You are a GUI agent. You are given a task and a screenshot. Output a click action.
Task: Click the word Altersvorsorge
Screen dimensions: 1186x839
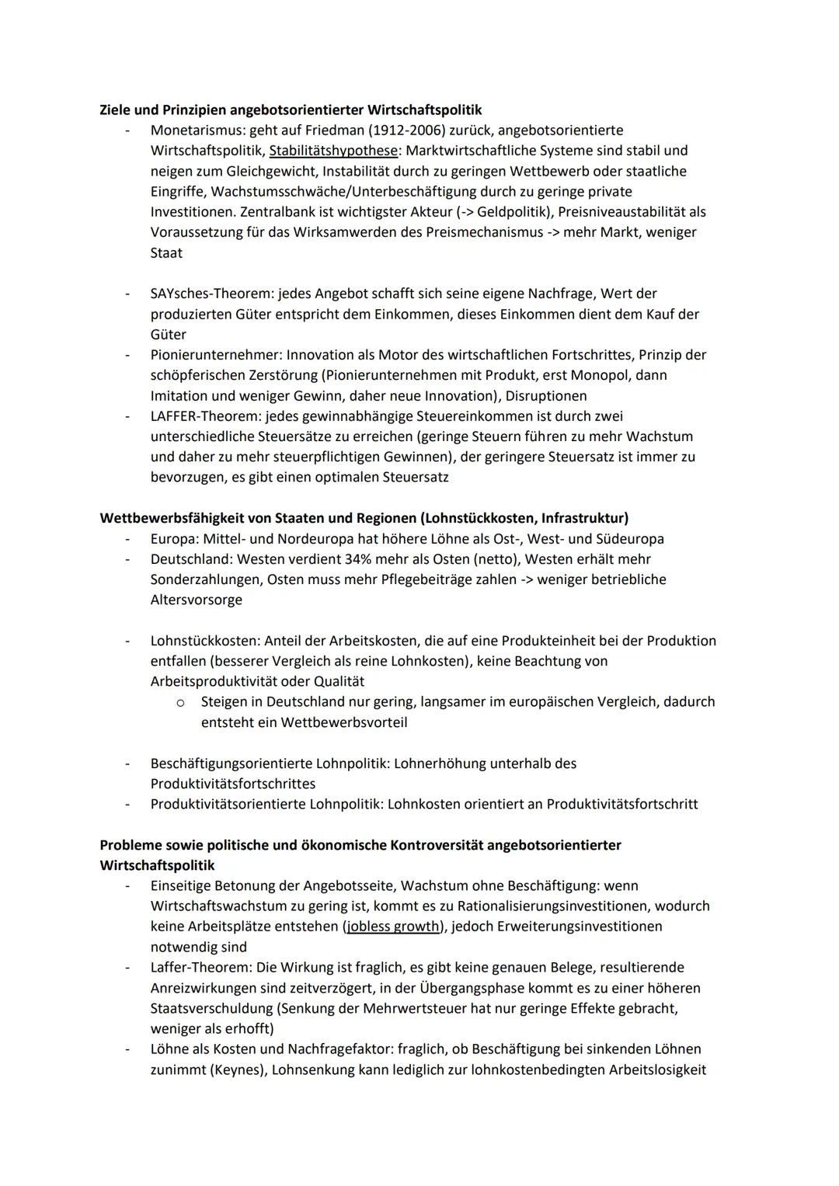(197, 600)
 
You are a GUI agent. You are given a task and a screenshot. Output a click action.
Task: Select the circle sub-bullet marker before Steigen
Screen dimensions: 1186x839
(180, 702)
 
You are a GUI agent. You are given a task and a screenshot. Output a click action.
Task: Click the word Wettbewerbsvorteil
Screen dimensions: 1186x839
(344, 722)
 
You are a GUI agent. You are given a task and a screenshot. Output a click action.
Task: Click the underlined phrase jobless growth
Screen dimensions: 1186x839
(393, 926)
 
